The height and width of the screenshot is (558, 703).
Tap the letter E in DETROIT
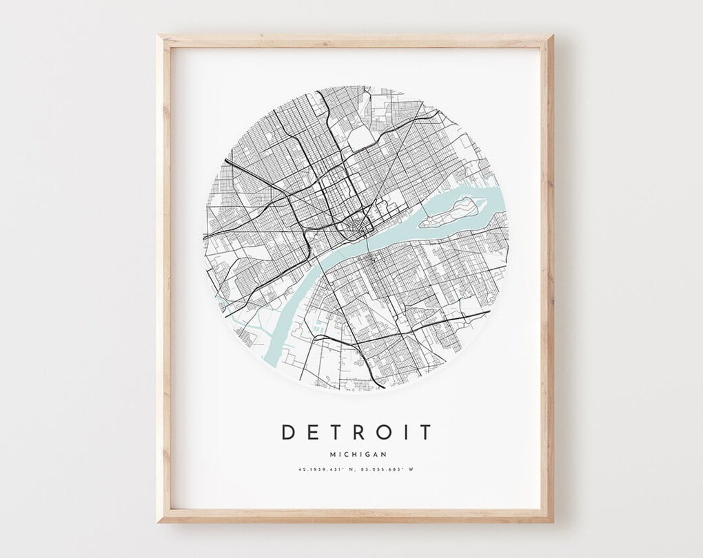pyautogui.click(x=314, y=432)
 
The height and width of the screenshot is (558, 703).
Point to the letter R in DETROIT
pyautogui.click(x=359, y=432)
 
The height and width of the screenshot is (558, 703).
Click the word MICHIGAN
pyautogui.click(x=358, y=454)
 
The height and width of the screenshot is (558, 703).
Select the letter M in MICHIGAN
pyautogui.click(x=333, y=454)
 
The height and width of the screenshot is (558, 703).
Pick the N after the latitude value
pyautogui.click(x=351, y=470)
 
